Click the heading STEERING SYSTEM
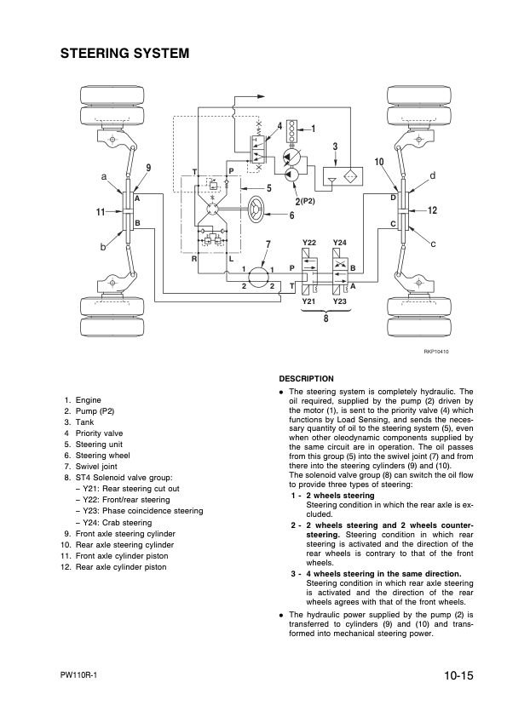tap(124, 54)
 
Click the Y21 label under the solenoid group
tap(309, 301)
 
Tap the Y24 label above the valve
tap(340, 244)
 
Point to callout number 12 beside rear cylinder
tap(432, 209)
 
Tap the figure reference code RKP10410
tap(435, 351)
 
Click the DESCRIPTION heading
tap(307, 378)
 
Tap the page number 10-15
tap(458, 676)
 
